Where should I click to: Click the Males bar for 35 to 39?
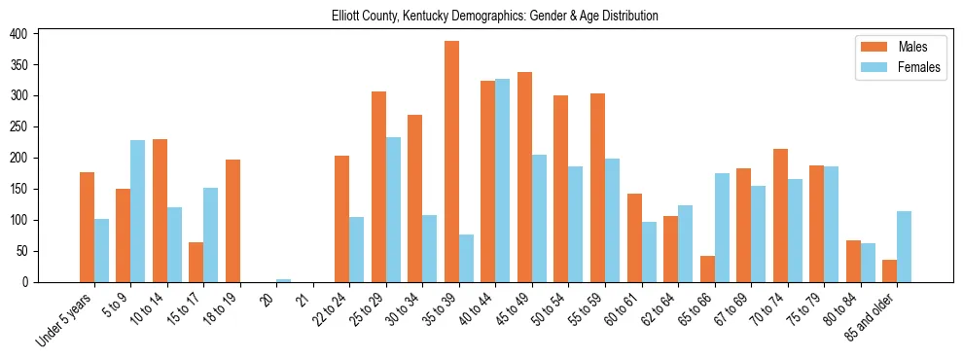452,162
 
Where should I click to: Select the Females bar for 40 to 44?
503,180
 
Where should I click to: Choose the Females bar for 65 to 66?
722,228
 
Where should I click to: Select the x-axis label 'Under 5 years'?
65,320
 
